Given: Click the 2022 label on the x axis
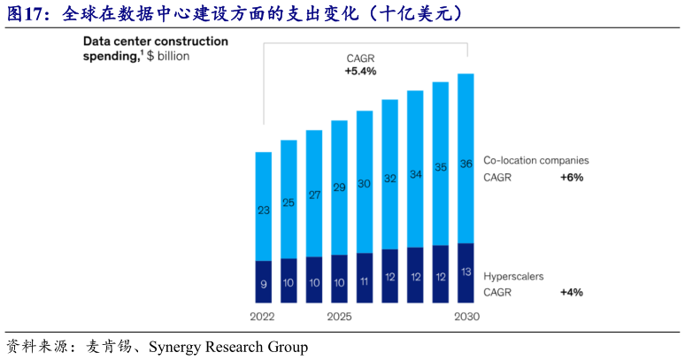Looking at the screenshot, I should pyautogui.click(x=263, y=317).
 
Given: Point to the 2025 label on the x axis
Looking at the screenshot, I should pyautogui.click(x=340, y=317).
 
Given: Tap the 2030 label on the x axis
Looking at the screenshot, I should pyautogui.click(x=466, y=317).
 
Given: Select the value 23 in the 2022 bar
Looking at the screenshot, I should pyautogui.click(x=264, y=211).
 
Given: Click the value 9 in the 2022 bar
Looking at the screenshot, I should pyautogui.click(x=264, y=284).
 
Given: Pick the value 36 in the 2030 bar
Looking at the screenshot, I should pyautogui.click(x=466, y=164).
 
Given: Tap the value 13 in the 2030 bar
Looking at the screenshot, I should pyautogui.click(x=466, y=271).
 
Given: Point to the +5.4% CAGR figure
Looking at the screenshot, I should pyautogui.click(x=361, y=71).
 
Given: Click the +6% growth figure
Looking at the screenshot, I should pyautogui.click(x=571, y=178).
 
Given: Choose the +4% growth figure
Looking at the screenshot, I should pyautogui.click(x=571, y=292).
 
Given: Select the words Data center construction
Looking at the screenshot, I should pyautogui.click(x=155, y=42).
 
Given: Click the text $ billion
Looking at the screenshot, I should pyautogui.click(x=168, y=56).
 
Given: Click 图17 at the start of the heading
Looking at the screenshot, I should pyautogui.click(x=26, y=13).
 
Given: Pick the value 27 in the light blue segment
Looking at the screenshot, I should pyautogui.click(x=314, y=195).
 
